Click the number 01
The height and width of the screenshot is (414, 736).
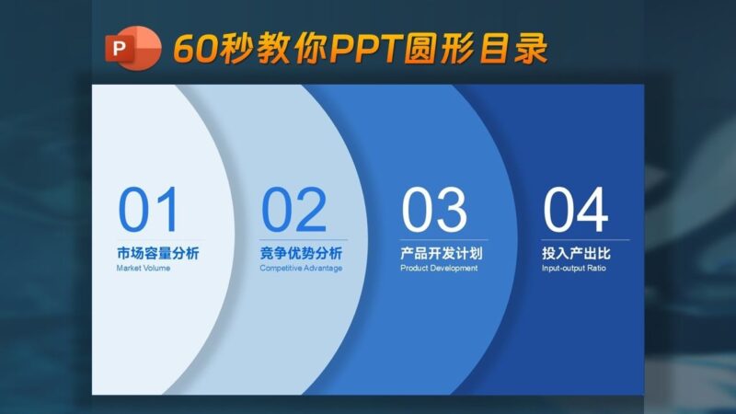[x=148, y=211]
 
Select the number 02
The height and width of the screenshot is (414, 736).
[x=293, y=211]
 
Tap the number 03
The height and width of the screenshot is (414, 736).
[x=434, y=211]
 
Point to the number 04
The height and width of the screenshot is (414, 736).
[x=575, y=211]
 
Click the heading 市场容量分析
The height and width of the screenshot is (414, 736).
[x=157, y=253]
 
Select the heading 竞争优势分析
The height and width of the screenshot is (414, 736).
[x=301, y=253]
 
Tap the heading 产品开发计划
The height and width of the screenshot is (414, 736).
[x=442, y=253]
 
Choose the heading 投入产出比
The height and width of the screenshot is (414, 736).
[x=576, y=253]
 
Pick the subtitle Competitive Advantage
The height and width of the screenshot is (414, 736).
[x=301, y=269]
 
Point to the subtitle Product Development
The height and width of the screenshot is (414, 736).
[x=439, y=269]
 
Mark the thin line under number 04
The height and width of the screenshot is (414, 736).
[x=585, y=240]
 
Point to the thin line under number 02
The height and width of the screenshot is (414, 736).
[x=304, y=240]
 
